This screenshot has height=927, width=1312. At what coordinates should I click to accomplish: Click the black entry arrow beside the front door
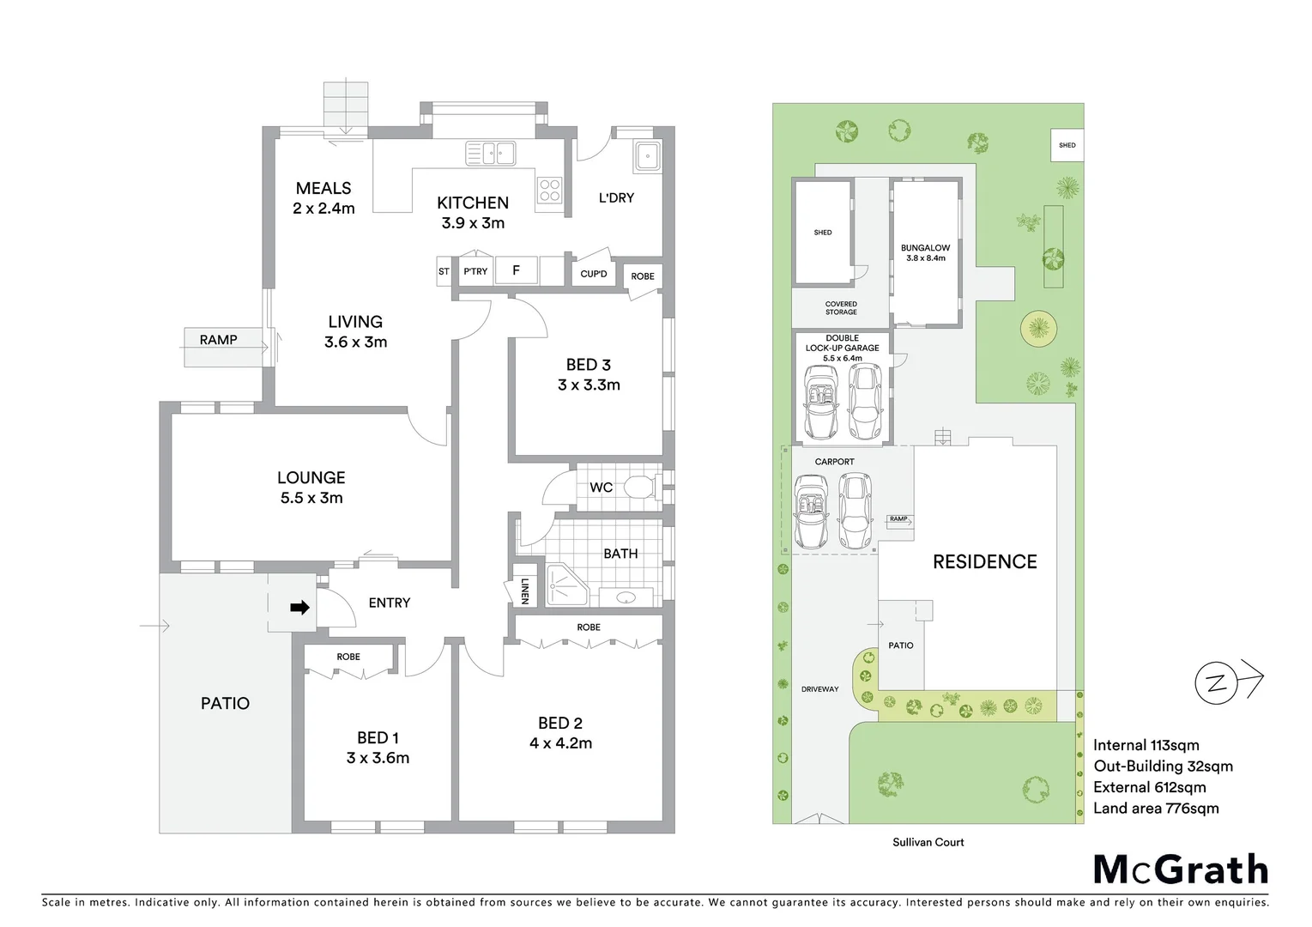pyautogui.click(x=299, y=608)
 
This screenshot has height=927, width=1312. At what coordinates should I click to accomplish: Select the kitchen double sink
pyautogui.click(x=490, y=154)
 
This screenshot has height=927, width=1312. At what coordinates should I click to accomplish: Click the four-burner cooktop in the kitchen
pyautogui.click(x=549, y=191)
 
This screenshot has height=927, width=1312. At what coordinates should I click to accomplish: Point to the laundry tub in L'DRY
pyautogui.click(x=646, y=157)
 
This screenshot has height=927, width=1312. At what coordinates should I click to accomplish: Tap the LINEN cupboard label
pyautogui.click(x=524, y=591)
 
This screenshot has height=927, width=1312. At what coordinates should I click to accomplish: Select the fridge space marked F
pyautogui.click(x=516, y=270)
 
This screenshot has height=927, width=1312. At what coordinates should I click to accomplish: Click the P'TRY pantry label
pyautogui.click(x=475, y=271)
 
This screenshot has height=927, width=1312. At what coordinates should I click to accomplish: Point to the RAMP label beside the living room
pyautogui.click(x=218, y=340)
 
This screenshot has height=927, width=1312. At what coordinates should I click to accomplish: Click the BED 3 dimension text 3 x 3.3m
pyautogui.click(x=589, y=385)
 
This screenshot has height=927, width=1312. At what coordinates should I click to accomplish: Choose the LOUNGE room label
pyautogui.click(x=311, y=478)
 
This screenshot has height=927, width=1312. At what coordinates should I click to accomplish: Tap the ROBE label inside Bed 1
pyautogui.click(x=348, y=657)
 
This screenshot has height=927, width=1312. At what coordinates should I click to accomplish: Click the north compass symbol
pyautogui.click(x=1215, y=683)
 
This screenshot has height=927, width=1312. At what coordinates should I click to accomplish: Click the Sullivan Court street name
pyautogui.click(x=928, y=842)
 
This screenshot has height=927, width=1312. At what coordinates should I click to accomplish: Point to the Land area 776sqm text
pyautogui.click(x=1155, y=809)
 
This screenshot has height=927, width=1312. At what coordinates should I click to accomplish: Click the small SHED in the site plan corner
pyautogui.click(x=1067, y=145)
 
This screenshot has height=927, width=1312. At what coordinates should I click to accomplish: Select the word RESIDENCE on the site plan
pyautogui.click(x=984, y=562)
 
